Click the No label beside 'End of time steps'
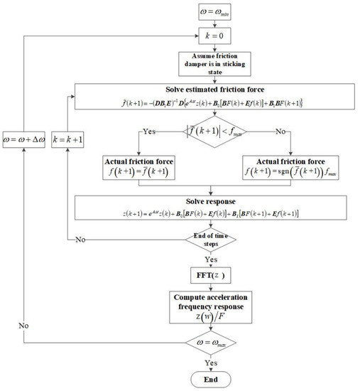click(x=82, y=240)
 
